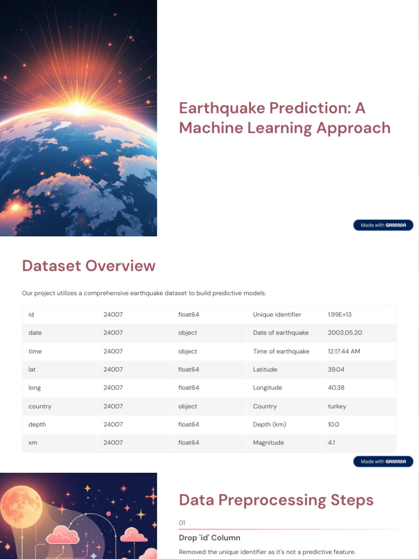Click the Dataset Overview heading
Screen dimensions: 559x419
pos(88,266)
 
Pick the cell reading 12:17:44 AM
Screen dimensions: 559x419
pos(344,351)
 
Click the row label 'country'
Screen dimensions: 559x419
pos(40,406)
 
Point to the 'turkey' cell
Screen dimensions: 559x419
pos(337,406)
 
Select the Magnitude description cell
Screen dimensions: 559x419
pos(268,443)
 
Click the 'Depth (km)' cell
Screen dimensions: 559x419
pos(270,424)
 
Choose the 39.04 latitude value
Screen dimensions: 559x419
pos(336,370)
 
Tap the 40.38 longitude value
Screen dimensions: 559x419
pos(336,388)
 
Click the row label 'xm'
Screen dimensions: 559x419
pos(33,443)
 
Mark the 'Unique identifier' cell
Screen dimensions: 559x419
pos(277,314)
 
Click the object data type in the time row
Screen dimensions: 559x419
pos(188,351)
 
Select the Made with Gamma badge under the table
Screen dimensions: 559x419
pos(383,461)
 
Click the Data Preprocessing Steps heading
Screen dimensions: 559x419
pos(276,500)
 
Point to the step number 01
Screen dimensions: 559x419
pos(182,523)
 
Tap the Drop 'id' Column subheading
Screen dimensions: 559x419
pos(209,538)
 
